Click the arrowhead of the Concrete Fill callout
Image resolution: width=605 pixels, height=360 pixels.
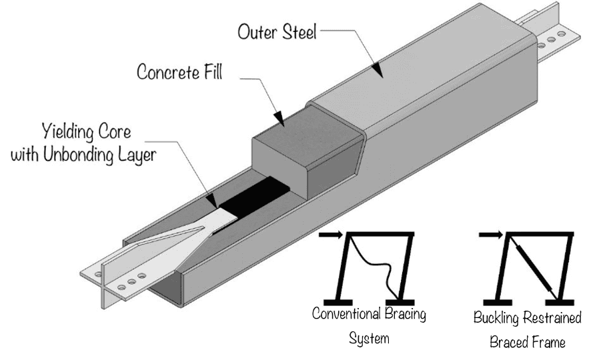click(281, 121)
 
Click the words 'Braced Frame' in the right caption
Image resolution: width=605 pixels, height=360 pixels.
click(527, 343)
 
